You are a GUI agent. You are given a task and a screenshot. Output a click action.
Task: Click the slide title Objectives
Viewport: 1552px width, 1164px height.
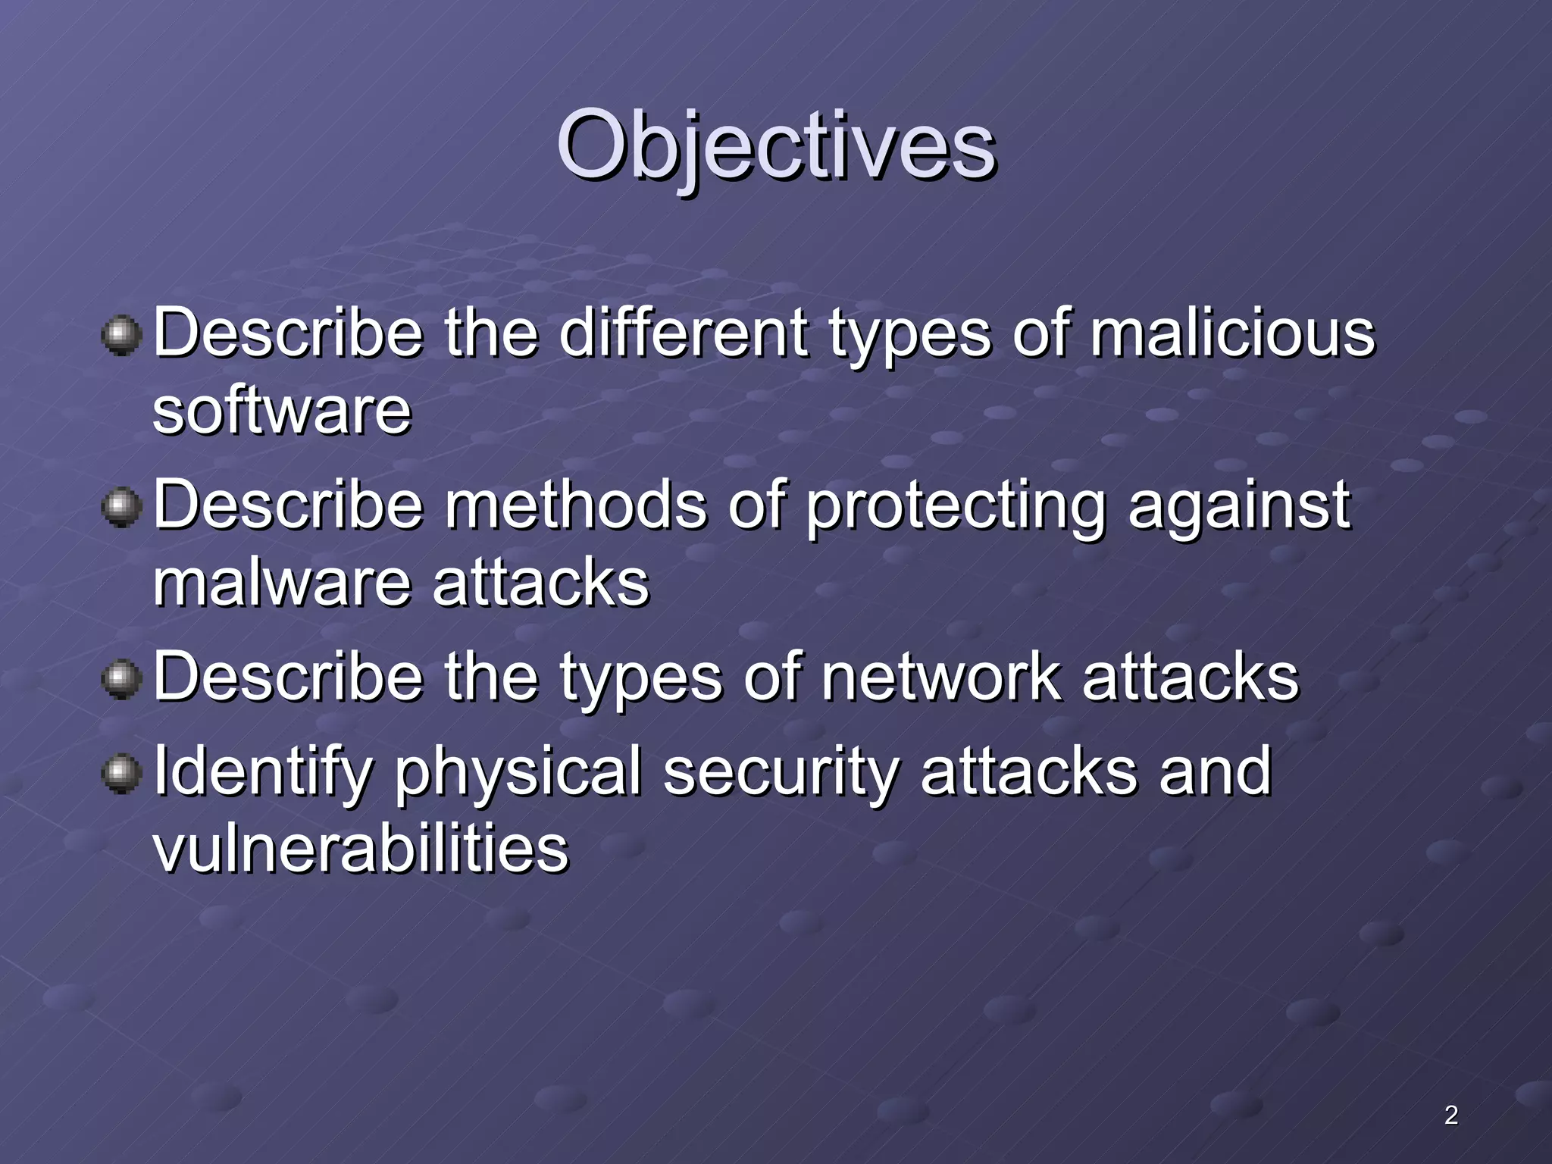point(776,145)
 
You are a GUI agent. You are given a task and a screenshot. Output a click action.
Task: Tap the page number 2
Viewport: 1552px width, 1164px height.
point(1450,1115)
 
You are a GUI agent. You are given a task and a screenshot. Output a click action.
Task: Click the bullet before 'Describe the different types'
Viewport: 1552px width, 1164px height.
point(121,335)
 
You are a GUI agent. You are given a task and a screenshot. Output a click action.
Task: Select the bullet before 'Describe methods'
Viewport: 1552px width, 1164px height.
point(121,506)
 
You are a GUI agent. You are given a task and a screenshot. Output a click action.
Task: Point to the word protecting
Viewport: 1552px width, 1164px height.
point(955,506)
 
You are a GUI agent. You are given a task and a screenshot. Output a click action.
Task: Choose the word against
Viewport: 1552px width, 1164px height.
point(1238,506)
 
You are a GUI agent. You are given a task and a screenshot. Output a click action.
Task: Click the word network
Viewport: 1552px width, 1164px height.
point(940,676)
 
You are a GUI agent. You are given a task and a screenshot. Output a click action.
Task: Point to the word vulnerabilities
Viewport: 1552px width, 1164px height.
point(361,848)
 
